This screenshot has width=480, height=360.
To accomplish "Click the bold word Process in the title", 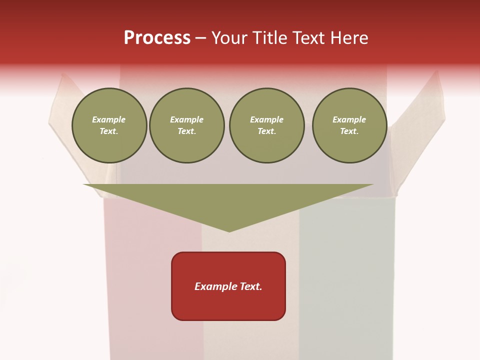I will coord(157,38).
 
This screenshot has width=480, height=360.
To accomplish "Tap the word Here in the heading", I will coord(349,38).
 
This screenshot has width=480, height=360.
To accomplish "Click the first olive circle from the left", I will coord(109,125).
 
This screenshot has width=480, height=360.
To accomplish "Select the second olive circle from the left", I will coord(187,125).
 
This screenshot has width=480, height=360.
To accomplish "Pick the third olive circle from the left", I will coord(267,125).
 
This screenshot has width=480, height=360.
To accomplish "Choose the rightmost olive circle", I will coord(349,125).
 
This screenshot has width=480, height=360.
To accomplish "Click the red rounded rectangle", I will coord(228,286).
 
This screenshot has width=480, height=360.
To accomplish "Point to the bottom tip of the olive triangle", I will coord(229,231).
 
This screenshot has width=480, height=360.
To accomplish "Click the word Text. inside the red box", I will coord(250,286).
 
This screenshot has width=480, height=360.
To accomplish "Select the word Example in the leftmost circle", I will coord(109,119).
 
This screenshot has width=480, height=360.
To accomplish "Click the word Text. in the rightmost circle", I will coord(349,131).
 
